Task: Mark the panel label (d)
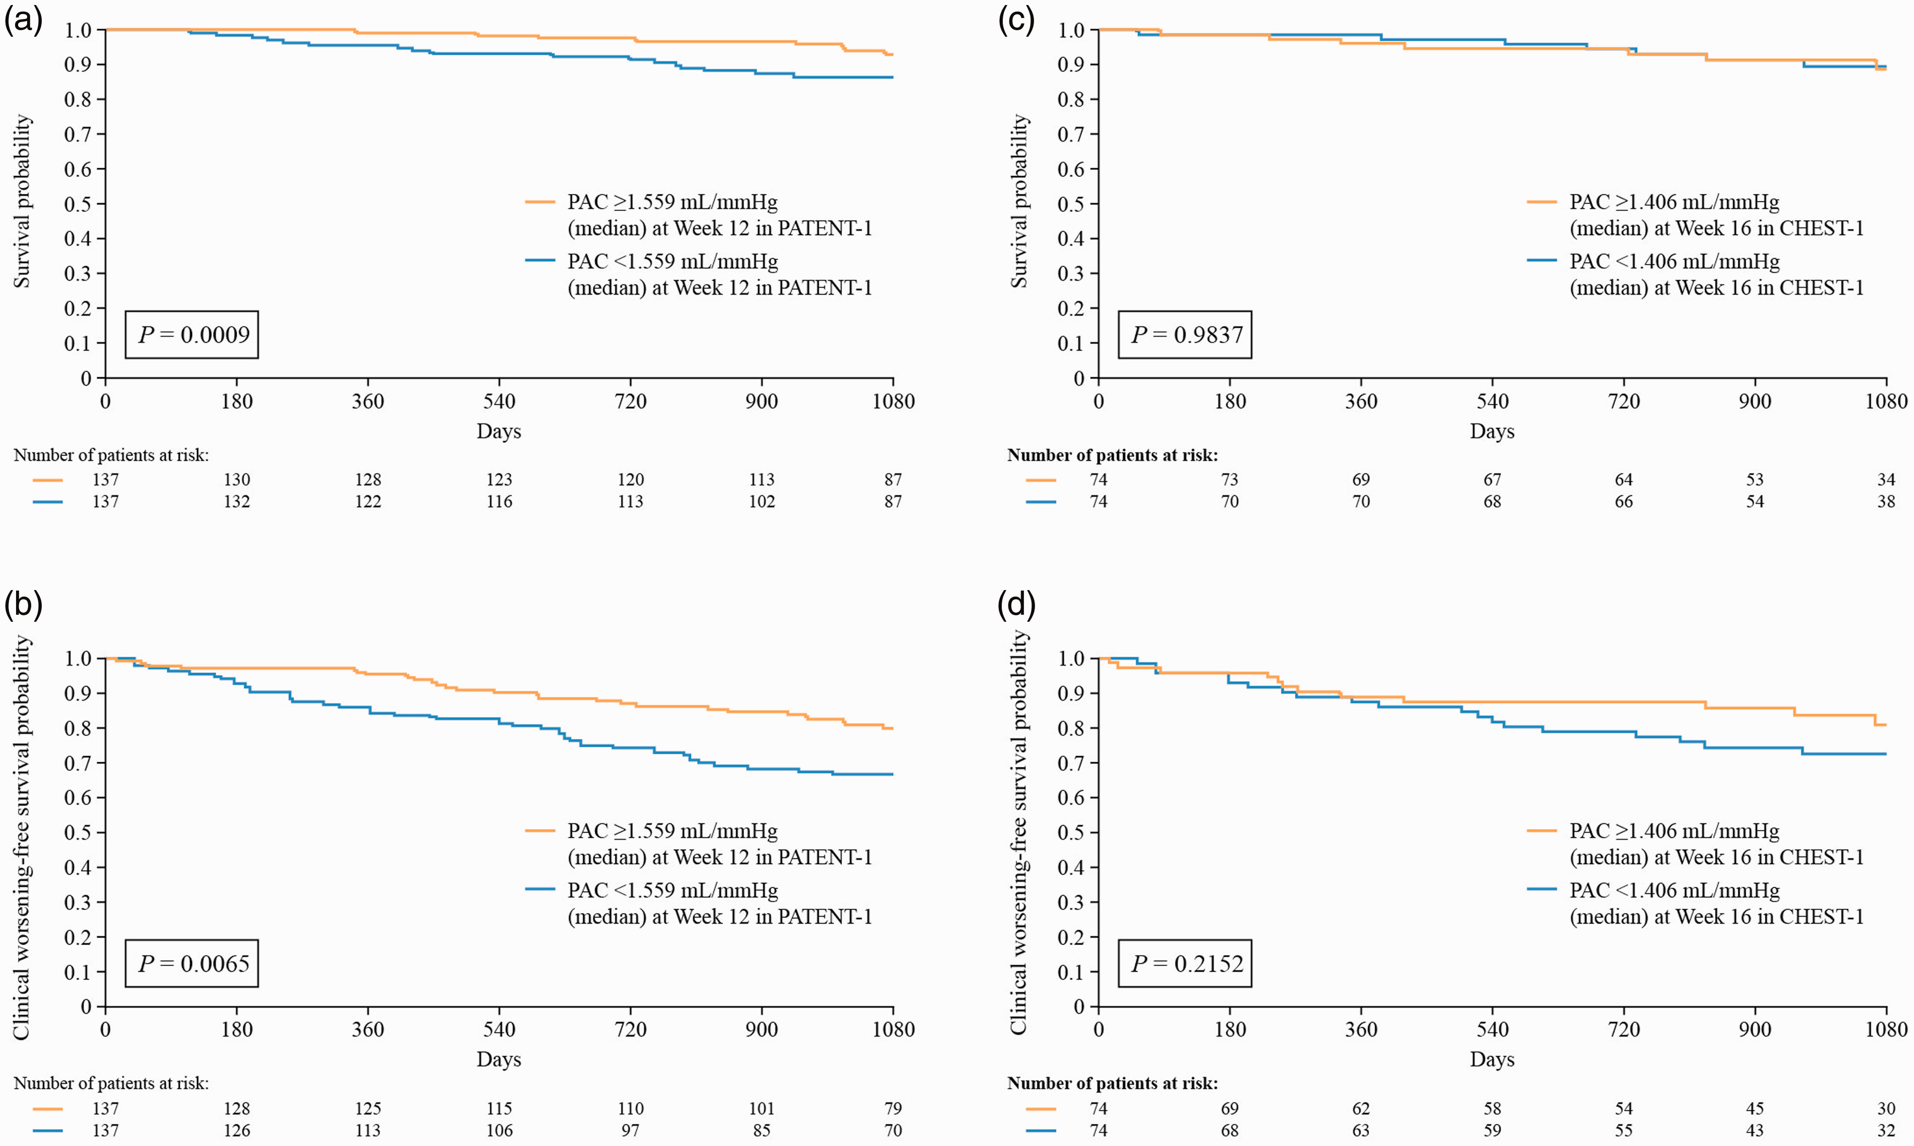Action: point(1016,604)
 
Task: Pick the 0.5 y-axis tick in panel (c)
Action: point(1071,204)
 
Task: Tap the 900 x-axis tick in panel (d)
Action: point(1755,1029)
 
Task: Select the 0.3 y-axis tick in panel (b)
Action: point(78,902)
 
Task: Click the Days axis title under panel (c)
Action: point(1492,432)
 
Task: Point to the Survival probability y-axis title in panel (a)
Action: point(22,201)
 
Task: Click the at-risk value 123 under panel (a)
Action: point(499,479)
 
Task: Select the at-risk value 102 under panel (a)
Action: point(762,502)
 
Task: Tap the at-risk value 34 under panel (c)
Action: point(1886,479)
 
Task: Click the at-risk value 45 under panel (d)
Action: point(1755,1109)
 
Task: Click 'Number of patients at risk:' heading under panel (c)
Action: point(1112,456)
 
